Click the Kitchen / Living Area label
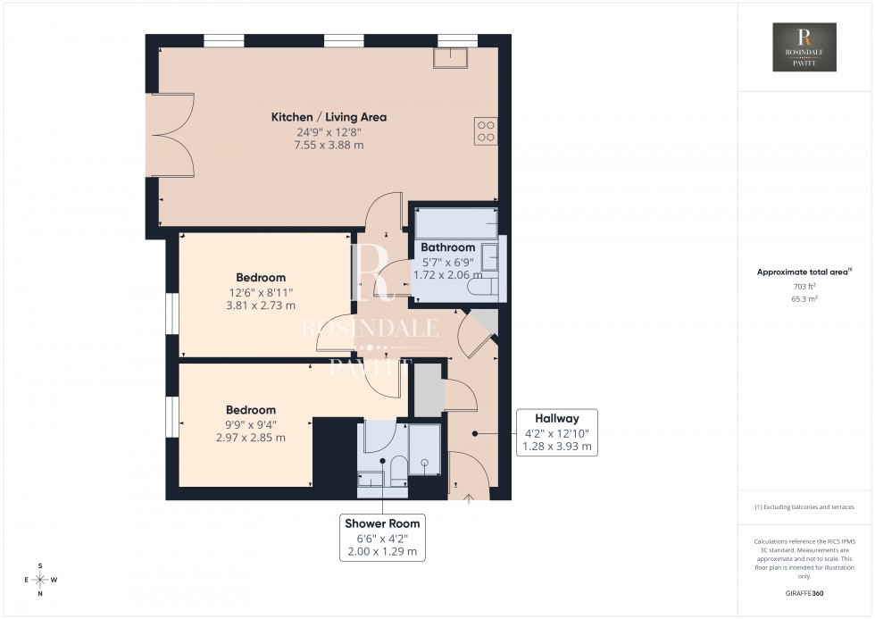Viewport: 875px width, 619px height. (x=329, y=117)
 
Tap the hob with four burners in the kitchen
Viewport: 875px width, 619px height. (x=487, y=130)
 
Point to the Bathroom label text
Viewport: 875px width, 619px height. (x=448, y=247)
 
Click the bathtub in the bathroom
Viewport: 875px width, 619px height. (x=456, y=222)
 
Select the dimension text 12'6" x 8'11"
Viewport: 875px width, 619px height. (x=261, y=291)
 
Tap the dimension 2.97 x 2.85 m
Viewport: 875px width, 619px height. (x=250, y=438)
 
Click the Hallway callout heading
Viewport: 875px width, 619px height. (x=557, y=418)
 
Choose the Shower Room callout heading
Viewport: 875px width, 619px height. (x=382, y=523)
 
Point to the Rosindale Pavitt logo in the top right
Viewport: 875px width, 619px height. (x=804, y=47)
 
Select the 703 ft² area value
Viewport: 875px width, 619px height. (x=804, y=287)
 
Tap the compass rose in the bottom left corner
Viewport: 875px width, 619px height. (x=40, y=579)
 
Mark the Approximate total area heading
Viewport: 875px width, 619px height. (x=803, y=272)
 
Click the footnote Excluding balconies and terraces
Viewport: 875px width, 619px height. (x=804, y=506)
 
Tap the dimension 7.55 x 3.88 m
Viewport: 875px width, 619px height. (x=329, y=145)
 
